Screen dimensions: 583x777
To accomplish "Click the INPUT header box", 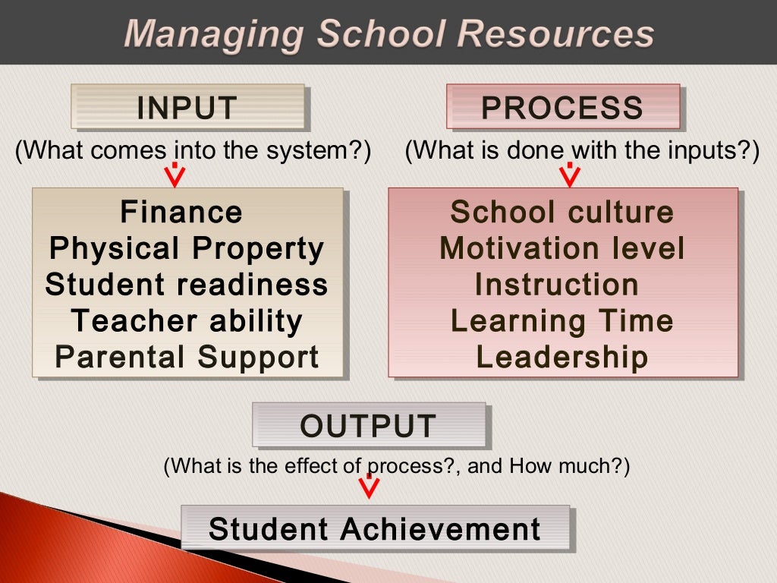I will pyautogui.click(x=187, y=107).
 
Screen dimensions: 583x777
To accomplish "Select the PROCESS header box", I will pyautogui.click(x=562, y=107).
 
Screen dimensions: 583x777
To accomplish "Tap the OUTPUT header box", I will pyautogui.click(x=369, y=425).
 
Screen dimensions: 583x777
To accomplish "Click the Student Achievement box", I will pyautogui.click(x=375, y=528).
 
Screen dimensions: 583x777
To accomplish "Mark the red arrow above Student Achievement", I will pyautogui.click(x=369, y=486).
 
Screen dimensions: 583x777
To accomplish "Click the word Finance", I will pyautogui.click(x=181, y=212).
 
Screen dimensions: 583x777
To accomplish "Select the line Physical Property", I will pyautogui.click(x=187, y=248).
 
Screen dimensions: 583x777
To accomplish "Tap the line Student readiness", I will pyautogui.click(x=187, y=285).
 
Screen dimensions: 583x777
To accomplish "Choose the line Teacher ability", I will pyautogui.click(x=187, y=321).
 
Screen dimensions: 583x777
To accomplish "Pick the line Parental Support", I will pyautogui.click(x=187, y=358).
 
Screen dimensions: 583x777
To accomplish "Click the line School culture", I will pyautogui.click(x=562, y=212).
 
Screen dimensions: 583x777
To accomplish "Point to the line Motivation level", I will pyautogui.click(x=562, y=248).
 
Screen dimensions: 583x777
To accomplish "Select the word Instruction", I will pyautogui.click(x=557, y=285).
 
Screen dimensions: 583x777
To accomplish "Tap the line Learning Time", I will pyautogui.click(x=562, y=321).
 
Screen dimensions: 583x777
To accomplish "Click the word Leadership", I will pyautogui.click(x=562, y=358).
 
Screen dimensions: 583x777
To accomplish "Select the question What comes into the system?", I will pyautogui.click(x=193, y=150).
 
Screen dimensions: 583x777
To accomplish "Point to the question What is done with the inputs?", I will pyautogui.click(x=582, y=150).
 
